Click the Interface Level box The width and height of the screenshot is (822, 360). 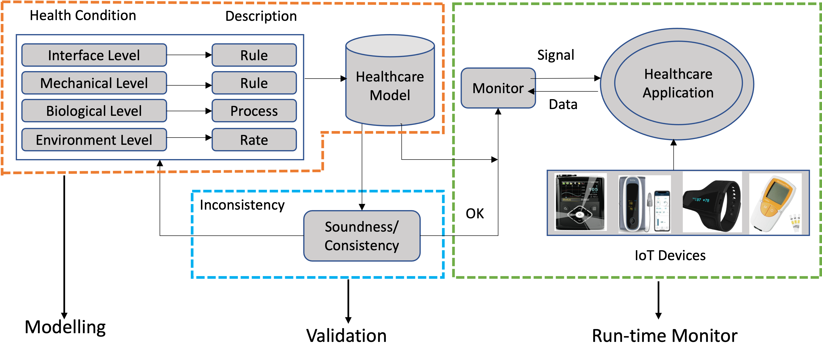tap(94, 55)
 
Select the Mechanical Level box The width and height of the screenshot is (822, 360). tap(94, 83)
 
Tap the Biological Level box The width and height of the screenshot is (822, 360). tap(94, 111)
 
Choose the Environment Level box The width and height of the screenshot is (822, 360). tap(94, 140)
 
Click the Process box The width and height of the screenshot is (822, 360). tap(254, 111)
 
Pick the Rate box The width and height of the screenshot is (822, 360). tap(254, 140)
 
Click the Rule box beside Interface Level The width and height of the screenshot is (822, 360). tap(254, 55)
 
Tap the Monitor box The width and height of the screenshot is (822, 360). tap(498, 88)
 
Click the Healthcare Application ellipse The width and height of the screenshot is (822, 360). tap(678, 83)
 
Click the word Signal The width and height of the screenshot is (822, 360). tap(556, 55)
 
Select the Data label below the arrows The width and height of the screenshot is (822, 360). tap(563, 104)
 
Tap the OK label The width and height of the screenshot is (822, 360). tap(475, 213)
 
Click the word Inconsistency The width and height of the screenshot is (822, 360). tap(242, 205)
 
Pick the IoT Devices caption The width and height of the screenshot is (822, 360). tap(670, 255)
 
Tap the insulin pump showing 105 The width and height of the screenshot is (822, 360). tap(580, 202)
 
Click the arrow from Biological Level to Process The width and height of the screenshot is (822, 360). tap(189, 111)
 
